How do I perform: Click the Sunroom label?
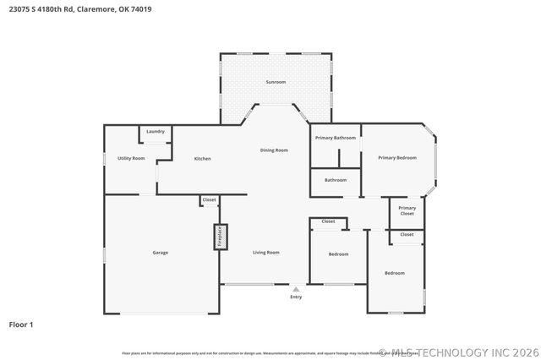click(276, 82)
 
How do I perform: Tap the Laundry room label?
click(155, 132)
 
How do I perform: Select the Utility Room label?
click(131, 159)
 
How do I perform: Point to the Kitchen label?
click(202, 159)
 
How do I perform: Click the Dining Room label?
click(274, 150)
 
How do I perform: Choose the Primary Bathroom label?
click(336, 138)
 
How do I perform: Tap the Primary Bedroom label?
click(396, 158)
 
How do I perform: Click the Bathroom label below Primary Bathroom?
click(336, 180)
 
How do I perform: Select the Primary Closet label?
click(407, 210)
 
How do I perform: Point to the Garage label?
click(161, 253)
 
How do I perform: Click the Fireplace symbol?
click(218, 237)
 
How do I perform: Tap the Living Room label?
click(266, 253)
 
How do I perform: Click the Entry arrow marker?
click(296, 289)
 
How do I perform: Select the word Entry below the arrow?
click(296, 297)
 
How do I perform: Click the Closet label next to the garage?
click(209, 200)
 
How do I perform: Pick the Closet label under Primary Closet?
click(407, 234)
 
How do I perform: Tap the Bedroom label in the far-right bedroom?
click(395, 273)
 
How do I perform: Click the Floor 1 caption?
click(22, 325)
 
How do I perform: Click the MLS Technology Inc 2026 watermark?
click(460, 352)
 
